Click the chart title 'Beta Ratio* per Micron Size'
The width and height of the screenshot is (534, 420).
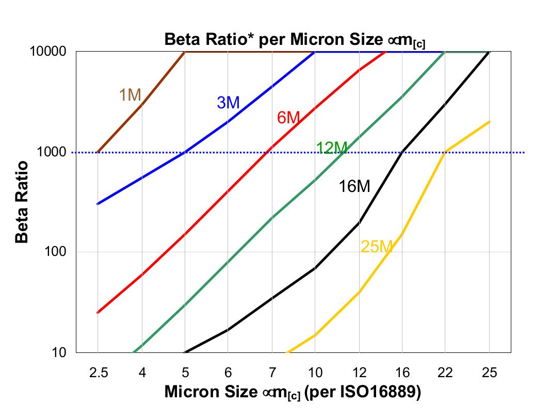click(294, 40)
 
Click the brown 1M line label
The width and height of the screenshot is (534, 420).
click(130, 95)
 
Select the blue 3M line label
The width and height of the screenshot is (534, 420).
click(228, 103)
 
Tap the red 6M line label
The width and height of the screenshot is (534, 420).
click(288, 118)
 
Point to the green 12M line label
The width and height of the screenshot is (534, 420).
click(331, 148)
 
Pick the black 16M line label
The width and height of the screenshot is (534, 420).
click(354, 186)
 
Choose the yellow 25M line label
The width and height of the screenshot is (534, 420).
click(377, 247)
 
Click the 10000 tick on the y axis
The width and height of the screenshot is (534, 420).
click(50, 52)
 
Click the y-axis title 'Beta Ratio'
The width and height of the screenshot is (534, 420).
click(21, 201)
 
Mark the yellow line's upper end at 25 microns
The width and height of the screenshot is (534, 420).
click(489, 122)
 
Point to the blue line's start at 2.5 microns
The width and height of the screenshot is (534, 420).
click(98, 204)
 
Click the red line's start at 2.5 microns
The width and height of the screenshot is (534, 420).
click(98, 313)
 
